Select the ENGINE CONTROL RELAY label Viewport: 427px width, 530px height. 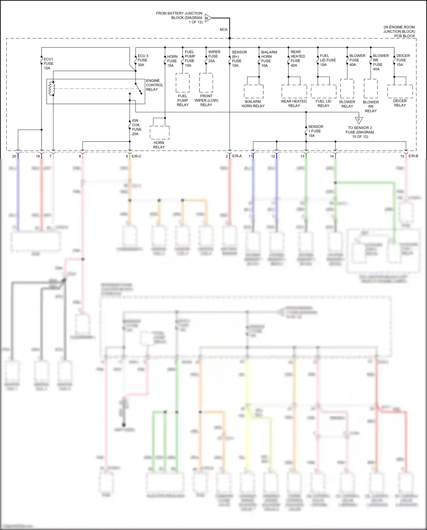pyautogui.click(x=154, y=85)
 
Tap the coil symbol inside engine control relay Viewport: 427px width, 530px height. pyautogui.click(x=52, y=89)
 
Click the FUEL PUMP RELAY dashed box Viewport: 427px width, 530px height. pyautogui.click(x=182, y=83)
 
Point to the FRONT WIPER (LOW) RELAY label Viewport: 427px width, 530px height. pyautogui.click(x=206, y=101)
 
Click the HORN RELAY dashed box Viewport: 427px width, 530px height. pyautogui.click(x=159, y=132)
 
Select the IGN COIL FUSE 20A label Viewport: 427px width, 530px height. pyautogui.click(x=136, y=127)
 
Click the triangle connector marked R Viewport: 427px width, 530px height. pyautogui.click(x=208, y=18)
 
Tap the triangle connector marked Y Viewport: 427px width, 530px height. pyautogui.click(x=359, y=120)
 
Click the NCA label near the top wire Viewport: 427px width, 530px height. pyautogui.click(x=223, y=30)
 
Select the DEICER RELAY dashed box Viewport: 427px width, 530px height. pyautogui.click(x=400, y=91)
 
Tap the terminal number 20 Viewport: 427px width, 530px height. pyautogui.click(x=14, y=156)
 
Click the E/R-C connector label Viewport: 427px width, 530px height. pyautogui.click(x=136, y=156)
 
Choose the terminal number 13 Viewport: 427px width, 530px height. pyautogui.click(x=302, y=156)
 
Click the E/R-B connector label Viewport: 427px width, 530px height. pyautogui.click(x=413, y=156)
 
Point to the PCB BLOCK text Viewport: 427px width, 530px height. pyautogui.click(x=404, y=36)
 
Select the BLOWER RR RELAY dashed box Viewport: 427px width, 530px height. pyautogui.click(x=371, y=89)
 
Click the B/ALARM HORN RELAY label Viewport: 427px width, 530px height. pyautogui.click(x=253, y=104)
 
